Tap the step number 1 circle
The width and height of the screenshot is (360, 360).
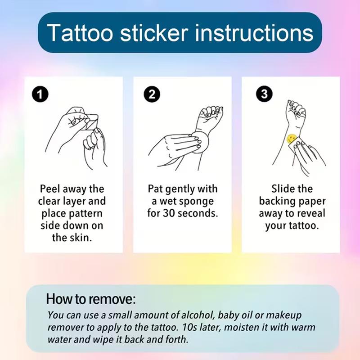(41, 94)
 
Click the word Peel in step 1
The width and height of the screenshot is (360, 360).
(50, 189)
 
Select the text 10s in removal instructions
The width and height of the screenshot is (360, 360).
(217, 327)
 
